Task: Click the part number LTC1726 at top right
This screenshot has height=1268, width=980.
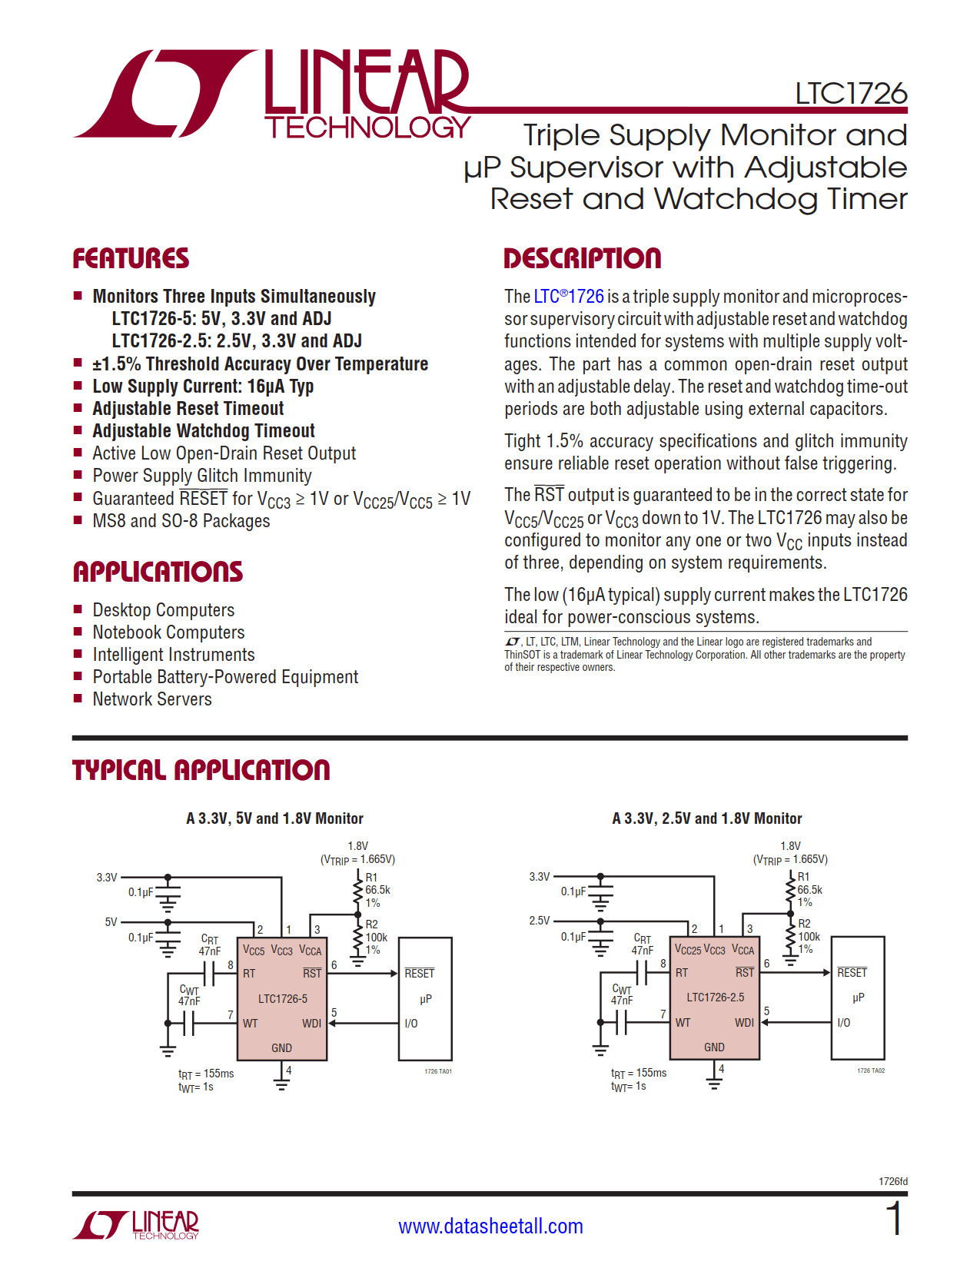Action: coord(851,94)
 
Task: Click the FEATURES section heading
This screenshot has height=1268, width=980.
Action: coord(131,259)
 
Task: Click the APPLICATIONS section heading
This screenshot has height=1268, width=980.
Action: coord(158,572)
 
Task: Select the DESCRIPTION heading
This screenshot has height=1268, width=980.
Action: coord(582,259)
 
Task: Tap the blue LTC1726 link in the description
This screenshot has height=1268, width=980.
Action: coord(569,297)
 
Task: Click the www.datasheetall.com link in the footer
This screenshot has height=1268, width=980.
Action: coord(490,1226)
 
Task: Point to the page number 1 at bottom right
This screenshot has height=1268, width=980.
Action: coord(893,1220)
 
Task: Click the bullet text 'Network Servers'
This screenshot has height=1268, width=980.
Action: coord(152,699)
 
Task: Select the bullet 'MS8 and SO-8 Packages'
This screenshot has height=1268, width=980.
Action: coord(181,521)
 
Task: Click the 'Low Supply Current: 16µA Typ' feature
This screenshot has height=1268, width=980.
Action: coord(203,387)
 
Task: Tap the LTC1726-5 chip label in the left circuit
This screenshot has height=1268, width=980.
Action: coord(283,998)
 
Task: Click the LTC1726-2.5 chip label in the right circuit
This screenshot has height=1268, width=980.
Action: coord(716,997)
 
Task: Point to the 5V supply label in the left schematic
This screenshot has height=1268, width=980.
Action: coord(111,922)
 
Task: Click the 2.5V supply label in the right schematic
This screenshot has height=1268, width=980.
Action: coord(540,921)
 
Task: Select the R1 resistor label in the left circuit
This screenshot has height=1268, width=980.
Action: coord(371,878)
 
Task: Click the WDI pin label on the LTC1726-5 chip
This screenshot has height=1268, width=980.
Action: coord(311,1024)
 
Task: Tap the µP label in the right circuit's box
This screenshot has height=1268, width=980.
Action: coord(859,997)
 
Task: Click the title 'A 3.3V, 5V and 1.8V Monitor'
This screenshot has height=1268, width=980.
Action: coord(274,818)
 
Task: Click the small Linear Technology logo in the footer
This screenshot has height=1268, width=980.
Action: coord(136,1225)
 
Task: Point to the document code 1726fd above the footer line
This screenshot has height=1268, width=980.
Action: coord(892,1181)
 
